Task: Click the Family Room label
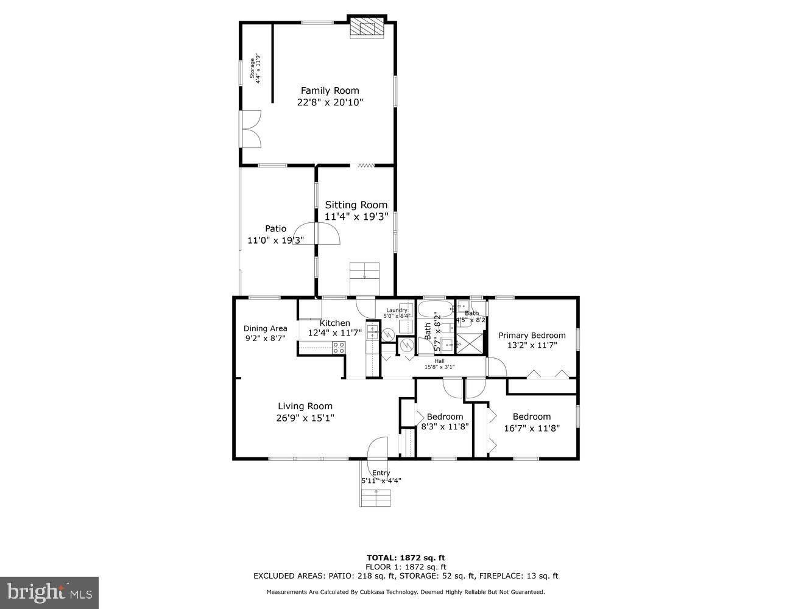(330, 91)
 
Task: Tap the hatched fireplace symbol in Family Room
(367, 28)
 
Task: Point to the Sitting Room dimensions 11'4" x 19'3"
(356, 216)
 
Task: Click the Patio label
(275, 228)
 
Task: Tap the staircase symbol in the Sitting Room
(364, 272)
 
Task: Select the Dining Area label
(265, 328)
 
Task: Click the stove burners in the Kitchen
(339, 348)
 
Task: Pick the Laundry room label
(396, 310)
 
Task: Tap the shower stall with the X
(470, 343)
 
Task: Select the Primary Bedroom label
(532, 335)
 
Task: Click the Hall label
(439, 361)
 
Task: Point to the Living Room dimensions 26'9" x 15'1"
(305, 418)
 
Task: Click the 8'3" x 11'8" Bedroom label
(445, 417)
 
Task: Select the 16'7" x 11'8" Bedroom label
(531, 417)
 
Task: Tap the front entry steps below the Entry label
(376, 497)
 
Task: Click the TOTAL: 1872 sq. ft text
(406, 557)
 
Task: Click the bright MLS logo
(49, 593)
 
